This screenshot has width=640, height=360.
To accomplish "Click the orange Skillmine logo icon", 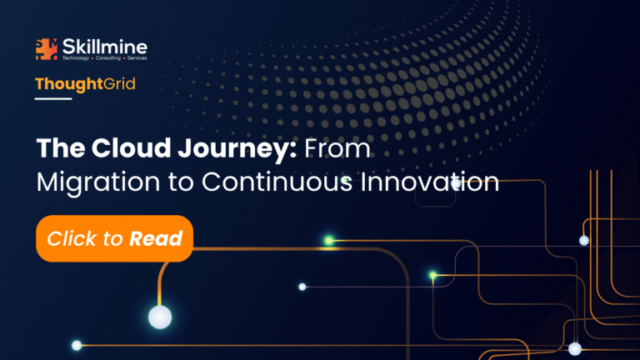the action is (47, 49).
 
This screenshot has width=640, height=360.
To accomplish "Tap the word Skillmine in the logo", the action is (105, 47).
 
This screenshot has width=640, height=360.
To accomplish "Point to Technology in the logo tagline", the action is (76, 58).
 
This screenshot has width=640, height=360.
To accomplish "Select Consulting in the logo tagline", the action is (108, 58).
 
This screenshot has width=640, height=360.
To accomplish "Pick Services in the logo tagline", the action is (137, 58).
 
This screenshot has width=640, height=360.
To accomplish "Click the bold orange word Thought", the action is (69, 84).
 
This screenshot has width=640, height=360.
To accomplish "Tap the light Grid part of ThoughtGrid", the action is (119, 83).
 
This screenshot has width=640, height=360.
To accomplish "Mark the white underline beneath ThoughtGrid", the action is (53, 98).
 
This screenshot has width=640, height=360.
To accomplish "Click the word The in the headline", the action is (60, 147).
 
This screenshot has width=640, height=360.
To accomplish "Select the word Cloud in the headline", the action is (131, 147).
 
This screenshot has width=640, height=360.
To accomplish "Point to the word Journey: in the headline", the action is (237, 149).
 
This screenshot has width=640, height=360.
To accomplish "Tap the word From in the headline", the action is (337, 148).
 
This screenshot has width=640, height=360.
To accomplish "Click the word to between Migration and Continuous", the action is (181, 182).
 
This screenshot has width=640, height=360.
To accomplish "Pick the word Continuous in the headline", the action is (277, 182).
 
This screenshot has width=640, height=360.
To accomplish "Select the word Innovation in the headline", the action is (430, 182).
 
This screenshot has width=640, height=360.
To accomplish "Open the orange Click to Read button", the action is (115, 238).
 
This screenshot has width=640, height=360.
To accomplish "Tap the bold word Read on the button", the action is (156, 238).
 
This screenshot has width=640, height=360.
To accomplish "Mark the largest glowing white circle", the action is (160, 317).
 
